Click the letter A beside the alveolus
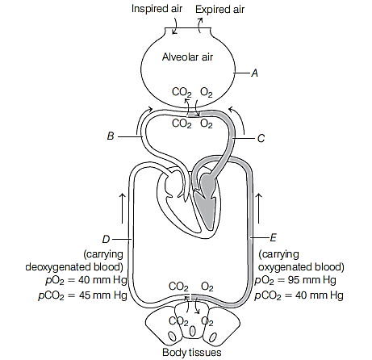[x=254, y=73]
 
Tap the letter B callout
[x=111, y=136]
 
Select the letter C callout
[x=261, y=138]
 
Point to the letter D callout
[x=106, y=239]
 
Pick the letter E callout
[x=273, y=238]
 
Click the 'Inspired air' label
[x=157, y=9]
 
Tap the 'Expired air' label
[x=219, y=10]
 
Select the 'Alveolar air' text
[x=187, y=57]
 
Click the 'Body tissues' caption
[x=192, y=352]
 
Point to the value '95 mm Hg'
[x=311, y=280]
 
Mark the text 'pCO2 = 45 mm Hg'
[x=82, y=295]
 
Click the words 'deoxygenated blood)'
[x=74, y=267]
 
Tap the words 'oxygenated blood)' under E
[x=301, y=267]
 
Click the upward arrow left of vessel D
[x=122, y=208]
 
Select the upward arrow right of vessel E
[x=259, y=208]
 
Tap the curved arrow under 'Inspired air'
[x=175, y=26]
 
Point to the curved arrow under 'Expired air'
[x=199, y=25]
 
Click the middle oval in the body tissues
[x=193, y=330]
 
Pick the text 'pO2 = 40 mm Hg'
[x=86, y=280]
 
